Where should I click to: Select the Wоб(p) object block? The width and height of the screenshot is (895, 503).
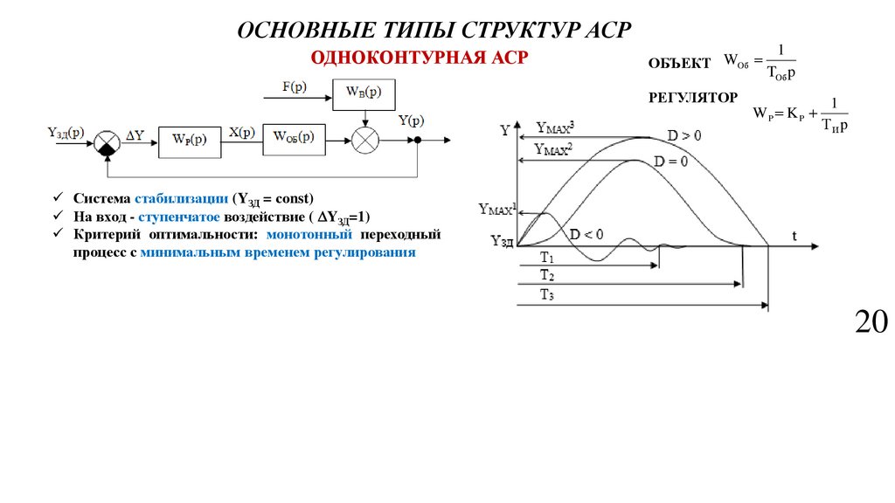[x=293, y=136]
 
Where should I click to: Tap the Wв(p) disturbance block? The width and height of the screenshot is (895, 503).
[x=363, y=93]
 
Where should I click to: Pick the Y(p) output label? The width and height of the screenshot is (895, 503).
[x=411, y=121]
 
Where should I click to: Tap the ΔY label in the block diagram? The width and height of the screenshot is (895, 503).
[x=136, y=135]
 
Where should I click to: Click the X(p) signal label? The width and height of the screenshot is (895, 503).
[x=242, y=133]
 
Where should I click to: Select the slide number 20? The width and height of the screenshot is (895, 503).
[x=871, y=321]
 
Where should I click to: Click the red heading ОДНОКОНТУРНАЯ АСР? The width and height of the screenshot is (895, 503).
[x=420, y=58]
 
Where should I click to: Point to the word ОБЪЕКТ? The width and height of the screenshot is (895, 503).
[x=679, y=65]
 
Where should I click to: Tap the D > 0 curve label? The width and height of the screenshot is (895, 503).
[x=683, y=135]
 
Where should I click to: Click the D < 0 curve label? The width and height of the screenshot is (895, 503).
[x=586, y=234]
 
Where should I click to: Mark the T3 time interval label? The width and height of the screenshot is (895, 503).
[x=546, y=295]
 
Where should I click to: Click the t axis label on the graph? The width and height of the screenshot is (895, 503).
[x=794, y=236]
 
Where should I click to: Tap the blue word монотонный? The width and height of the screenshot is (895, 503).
[x=309, y=236]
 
